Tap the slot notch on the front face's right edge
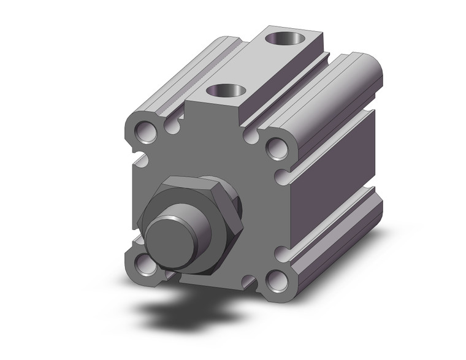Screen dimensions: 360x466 [280, 178]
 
